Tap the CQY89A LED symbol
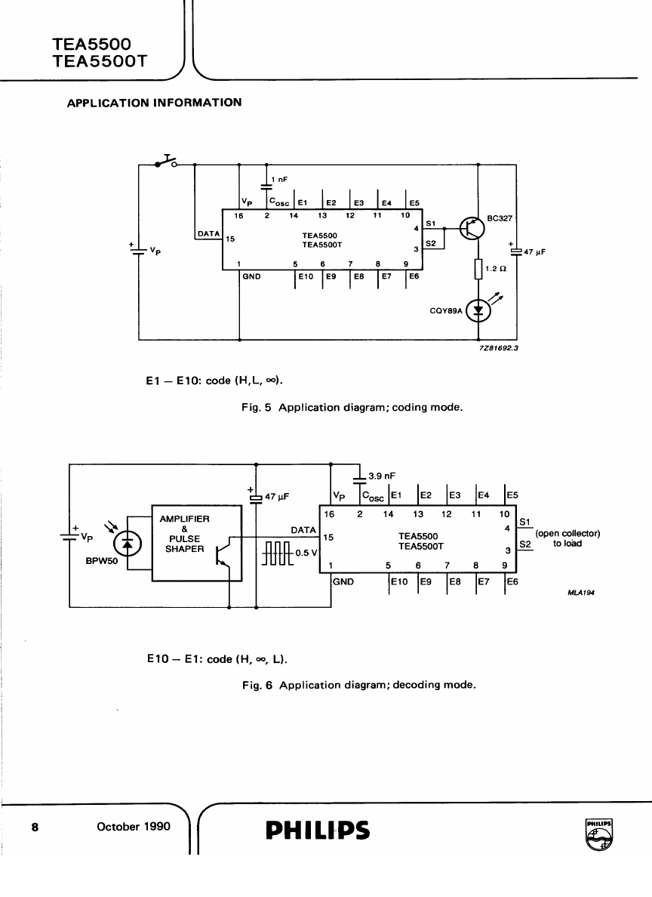(x=478, y=310)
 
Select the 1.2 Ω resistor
(x=478, y=269)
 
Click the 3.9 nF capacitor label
(x=381, y=476)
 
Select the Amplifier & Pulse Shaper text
(x=185, y=534)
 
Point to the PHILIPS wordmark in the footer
(x=317, y=830)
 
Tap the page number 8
(x=34, y=826)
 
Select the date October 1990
(x=134, y=826)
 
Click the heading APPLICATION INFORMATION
(x=155, y=103)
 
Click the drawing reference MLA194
(x=582, y=593)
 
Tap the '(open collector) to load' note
(x=567, y=538)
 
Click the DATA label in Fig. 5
(x=208, y=234)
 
